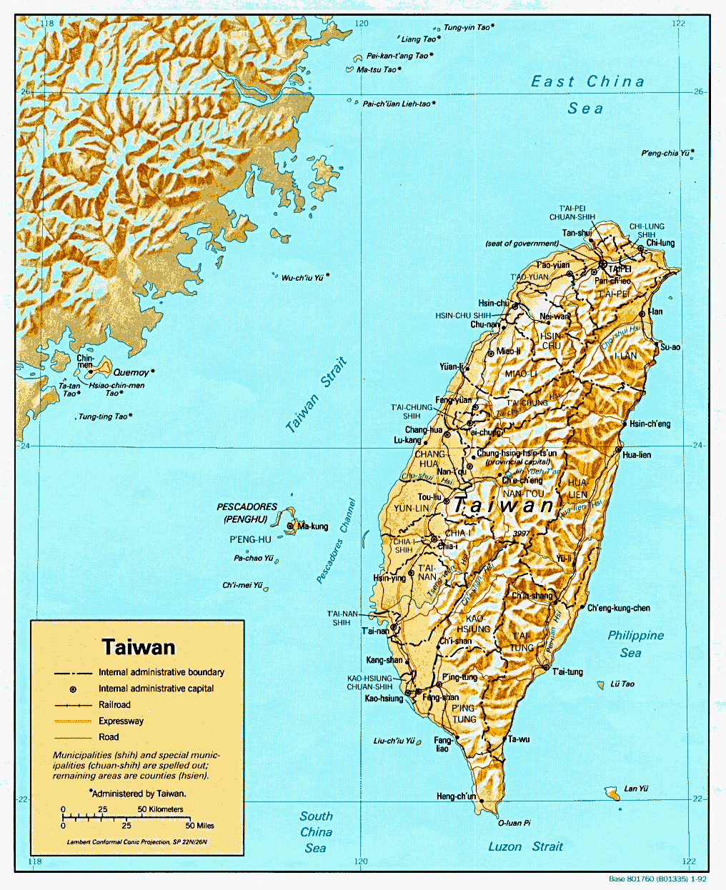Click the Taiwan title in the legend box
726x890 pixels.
[x=138, y=647]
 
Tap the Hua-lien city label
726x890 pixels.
[x=637, y=455]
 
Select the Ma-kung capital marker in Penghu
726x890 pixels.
[x=290, y=526]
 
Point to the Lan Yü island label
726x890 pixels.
[x=635, y=789]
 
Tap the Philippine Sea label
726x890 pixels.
[x=635, y=644]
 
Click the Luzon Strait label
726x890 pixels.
[x=525, y=846]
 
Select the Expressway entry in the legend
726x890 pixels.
[x=121, y=721]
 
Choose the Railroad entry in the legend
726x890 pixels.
[x=114, y=704]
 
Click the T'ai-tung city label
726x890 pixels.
[x=567, y=671]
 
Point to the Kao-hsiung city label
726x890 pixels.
[x=384, y=698]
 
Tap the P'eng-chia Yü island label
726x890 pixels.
[x=667, y=153]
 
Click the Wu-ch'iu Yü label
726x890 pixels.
[x=302, y=278]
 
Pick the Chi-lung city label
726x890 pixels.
[x=660, y=243]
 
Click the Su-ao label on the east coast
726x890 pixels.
[x=670, y=347]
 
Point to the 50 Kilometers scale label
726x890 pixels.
[x=160, y=809]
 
